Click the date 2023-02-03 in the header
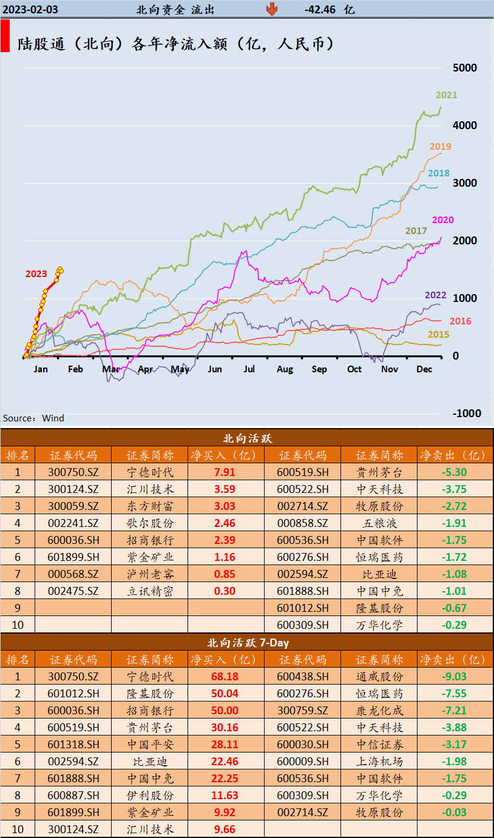tap(30, 9)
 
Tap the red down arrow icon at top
tap(271, 9)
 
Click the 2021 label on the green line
tap(446, 95)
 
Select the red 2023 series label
tap(36, 274)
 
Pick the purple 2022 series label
tap(435, 295)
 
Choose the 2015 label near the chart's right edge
tap(438, 335)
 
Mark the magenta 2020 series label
tap(442, 220)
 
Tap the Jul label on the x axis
tap(249, 369)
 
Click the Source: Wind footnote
tap(33, 418)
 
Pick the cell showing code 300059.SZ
tap(73, 506)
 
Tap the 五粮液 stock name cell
tap(379, 523)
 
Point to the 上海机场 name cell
tap(379, 762)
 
